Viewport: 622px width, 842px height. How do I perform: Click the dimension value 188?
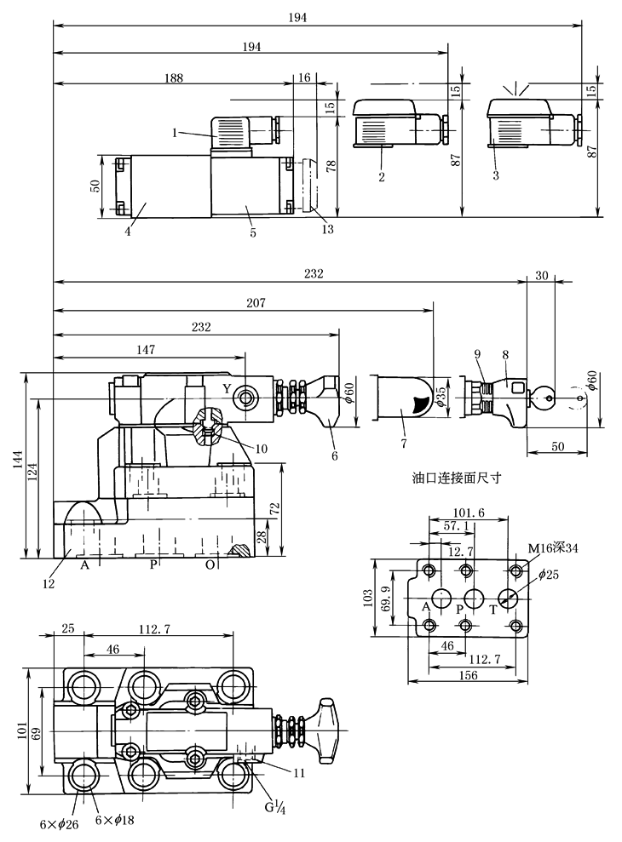click(173, 77)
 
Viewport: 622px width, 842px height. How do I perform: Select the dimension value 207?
click(256, 303)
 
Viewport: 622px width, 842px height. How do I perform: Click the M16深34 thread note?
click(552, 547)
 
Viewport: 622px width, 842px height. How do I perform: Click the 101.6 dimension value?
click(469, 513)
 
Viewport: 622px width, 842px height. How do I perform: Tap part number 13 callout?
click(329, 227)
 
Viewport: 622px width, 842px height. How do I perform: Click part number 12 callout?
click(48, 584)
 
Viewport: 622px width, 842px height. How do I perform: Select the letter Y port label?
click(227, 388)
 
